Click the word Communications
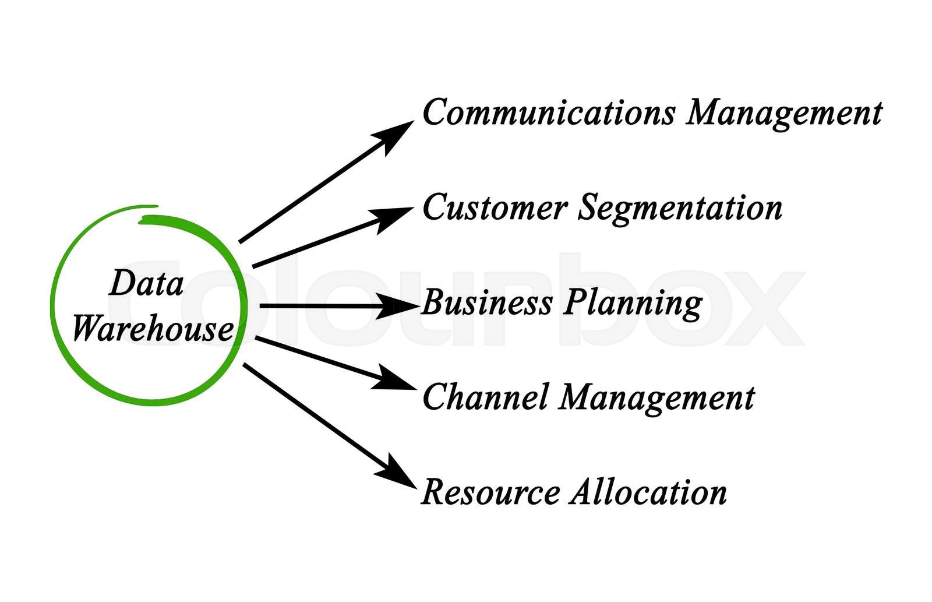click(x=548, y=112)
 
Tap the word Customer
click(x=494, y=207)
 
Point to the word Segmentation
click(x=680, y=209)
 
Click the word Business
click(x=487, y=302)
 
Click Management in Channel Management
click(x=657, y=399)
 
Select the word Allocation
click(x=648, y=492)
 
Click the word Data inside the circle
click(x=146, y=284)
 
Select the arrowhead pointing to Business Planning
click(x=399, y=305)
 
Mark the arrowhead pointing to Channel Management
click(x=391, y=379)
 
